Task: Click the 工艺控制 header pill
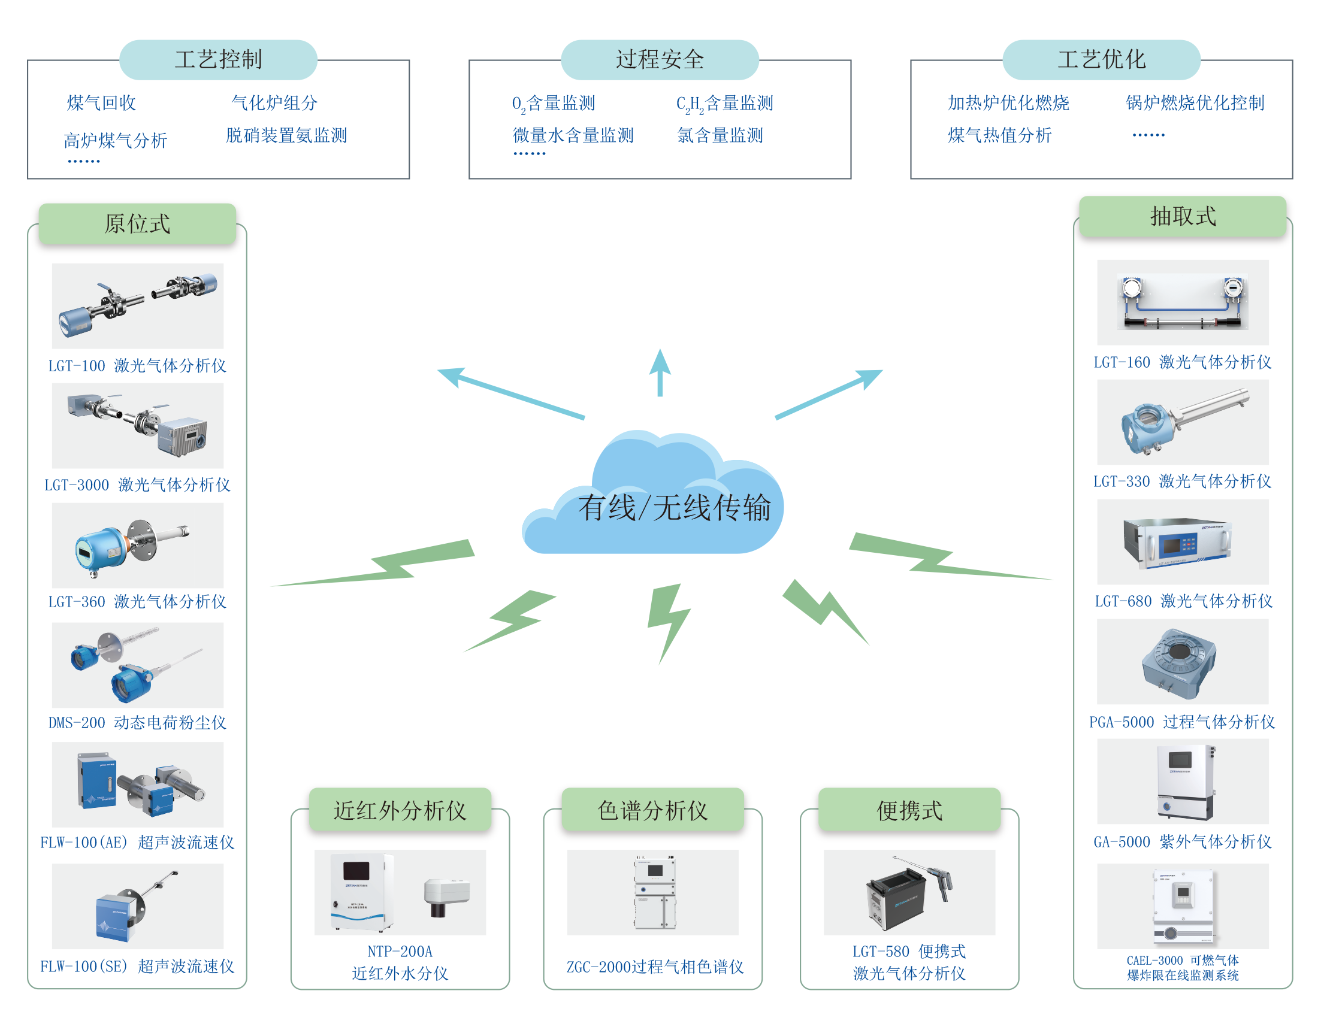218,60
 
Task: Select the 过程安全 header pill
660,60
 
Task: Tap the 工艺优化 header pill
1101,60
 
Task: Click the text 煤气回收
101,103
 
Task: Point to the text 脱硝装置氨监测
286,135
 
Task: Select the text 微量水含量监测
573,135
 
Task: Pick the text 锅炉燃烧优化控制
1195,103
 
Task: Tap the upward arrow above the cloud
660,372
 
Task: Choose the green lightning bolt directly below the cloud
668,621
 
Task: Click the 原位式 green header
138,224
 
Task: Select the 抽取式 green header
1183,217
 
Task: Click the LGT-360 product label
138,601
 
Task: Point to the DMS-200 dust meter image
138,665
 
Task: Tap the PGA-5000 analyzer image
1182,662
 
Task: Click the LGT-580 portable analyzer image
909,892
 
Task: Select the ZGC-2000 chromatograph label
655,967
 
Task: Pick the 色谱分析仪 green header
653,810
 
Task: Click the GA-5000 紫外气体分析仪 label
1182,842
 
